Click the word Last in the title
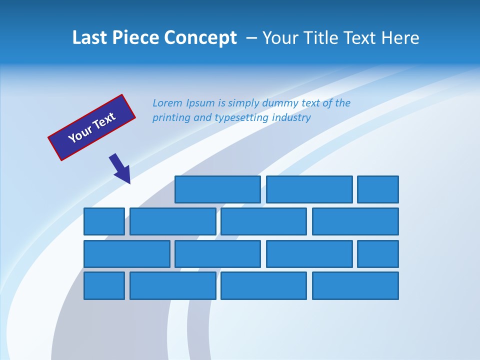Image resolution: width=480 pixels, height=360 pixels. coord(89,38)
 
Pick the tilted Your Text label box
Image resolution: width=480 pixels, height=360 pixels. coord(92,127)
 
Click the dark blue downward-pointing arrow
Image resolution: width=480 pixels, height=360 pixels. coord(120,168)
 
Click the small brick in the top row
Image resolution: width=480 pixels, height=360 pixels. coord(378,189)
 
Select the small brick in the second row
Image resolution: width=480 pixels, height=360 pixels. coord(104,221)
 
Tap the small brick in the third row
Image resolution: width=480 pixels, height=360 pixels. coord(378,254)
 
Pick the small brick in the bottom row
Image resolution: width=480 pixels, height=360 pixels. coord(104,286)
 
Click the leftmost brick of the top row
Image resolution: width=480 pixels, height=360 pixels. coord(217,189)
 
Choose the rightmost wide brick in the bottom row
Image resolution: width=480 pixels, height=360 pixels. coord(355,286)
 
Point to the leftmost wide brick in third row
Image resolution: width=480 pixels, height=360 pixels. coord(127,254)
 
